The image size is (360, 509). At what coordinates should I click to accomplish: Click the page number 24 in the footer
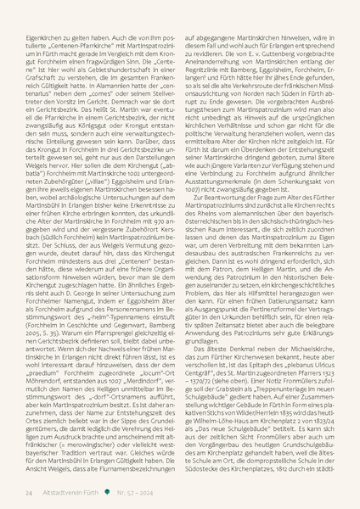[x=29, y=491]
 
